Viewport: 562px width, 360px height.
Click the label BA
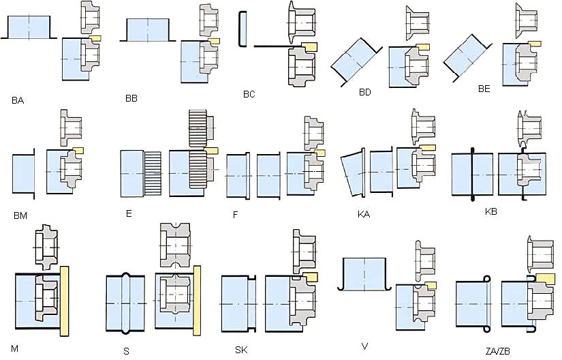point(17,100)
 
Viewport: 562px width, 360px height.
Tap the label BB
point(131,98)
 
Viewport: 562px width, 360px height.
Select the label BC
point(249,94)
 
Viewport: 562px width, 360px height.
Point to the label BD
point(365,92)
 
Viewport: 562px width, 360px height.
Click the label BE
point(484,89)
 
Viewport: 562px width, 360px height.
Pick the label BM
point(20,216)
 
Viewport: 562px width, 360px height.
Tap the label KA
point(364,214)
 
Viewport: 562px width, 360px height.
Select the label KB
point(491,211)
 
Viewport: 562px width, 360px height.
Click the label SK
point(241,350)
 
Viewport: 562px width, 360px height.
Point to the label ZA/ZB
point(498,351)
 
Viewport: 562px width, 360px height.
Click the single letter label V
point(365,346)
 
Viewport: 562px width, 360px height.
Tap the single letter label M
point(15,348)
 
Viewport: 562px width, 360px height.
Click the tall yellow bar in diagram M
point(65,301)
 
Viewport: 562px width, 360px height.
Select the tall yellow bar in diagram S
point(197,301)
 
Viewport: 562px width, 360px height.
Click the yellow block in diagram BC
point(309,46)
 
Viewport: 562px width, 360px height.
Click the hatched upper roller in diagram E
point(198,128)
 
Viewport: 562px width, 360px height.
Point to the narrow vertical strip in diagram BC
point(243,29)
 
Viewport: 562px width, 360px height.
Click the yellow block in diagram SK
point(310,277)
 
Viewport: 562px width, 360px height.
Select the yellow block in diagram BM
point(78,149)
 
